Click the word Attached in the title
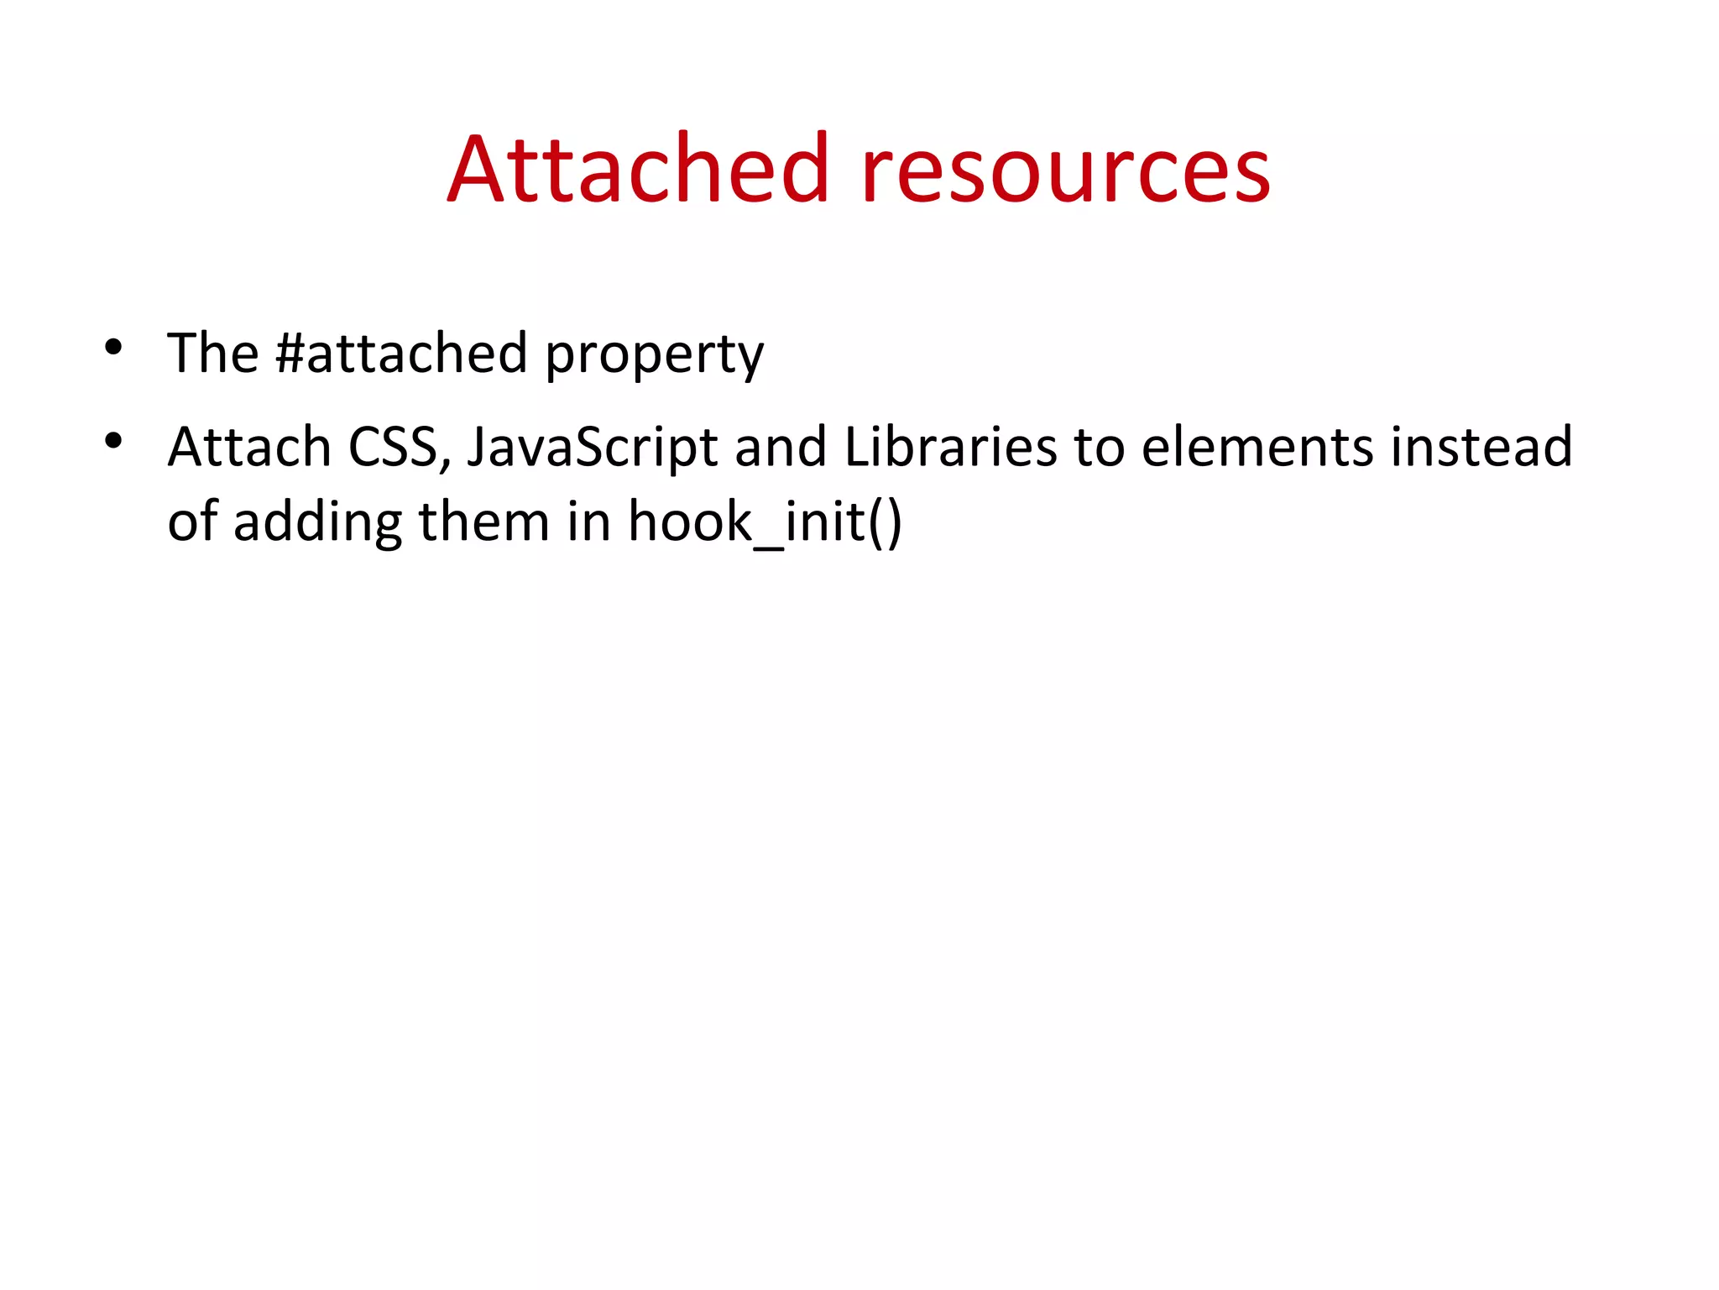click(639, 170)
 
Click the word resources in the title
click(1065, 171)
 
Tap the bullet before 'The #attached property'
click(114, 346)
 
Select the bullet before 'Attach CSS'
click(114, 440)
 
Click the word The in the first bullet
click(212, 353)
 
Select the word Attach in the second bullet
click(249, 446)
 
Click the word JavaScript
click(592, 448)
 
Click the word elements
click(1257, 446)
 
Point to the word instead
click(1481, 446)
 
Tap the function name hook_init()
click(765, 522)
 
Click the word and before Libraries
click(781, 446)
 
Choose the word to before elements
click(1099, 448)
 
